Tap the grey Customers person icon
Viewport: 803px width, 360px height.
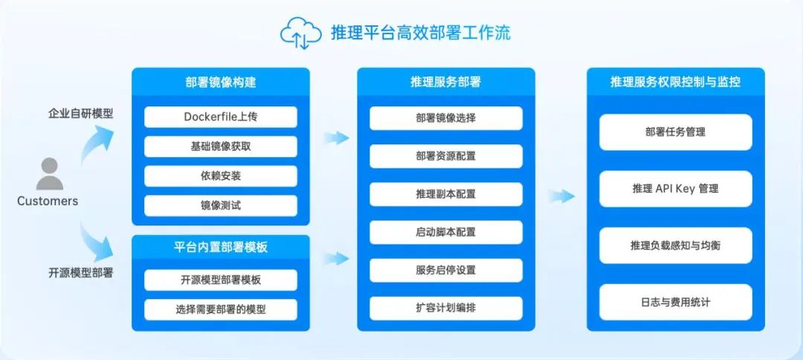50,173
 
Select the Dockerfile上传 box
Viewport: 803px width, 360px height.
221,117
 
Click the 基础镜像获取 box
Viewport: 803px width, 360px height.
221,147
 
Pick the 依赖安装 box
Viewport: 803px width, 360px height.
221,176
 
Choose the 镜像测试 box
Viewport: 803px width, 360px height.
221,206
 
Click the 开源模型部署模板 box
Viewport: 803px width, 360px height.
221,280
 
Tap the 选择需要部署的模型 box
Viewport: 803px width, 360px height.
221,310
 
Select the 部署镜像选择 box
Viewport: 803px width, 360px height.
446,118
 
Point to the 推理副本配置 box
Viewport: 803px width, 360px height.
446,195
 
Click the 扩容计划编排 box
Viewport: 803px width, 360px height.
446,308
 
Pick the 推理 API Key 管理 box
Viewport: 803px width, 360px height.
675,189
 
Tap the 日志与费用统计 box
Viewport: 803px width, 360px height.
675,302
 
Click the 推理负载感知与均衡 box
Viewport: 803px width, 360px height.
675,245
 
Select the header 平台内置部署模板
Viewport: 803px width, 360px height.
221,248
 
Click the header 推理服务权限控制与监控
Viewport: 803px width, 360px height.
675,82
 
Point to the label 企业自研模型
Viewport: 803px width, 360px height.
80,114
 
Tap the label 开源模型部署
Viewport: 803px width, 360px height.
80,273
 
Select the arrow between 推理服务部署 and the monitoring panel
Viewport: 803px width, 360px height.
561,196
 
